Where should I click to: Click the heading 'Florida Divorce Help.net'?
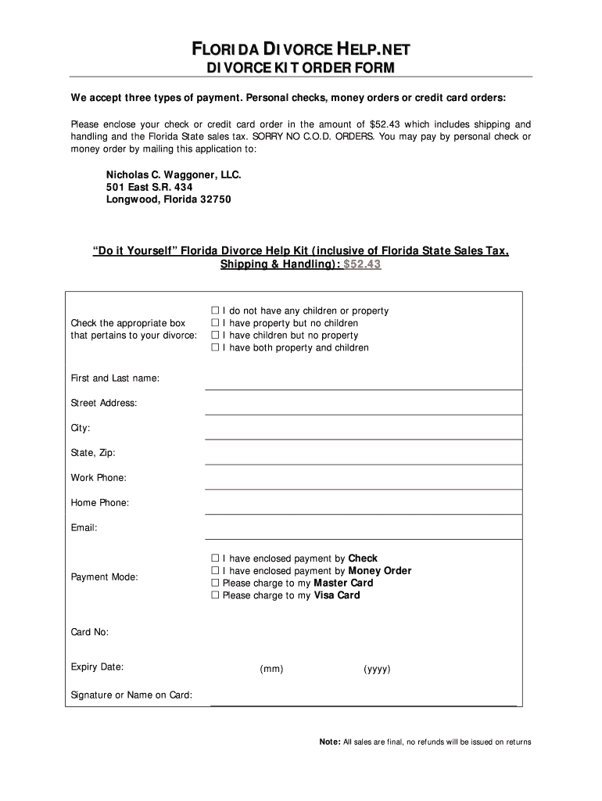[x=301, y=51]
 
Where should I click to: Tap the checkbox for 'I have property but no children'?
[x=215, y=323]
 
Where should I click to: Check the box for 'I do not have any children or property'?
[x=215, y=311]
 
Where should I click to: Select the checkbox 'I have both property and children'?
[x=215, y=348]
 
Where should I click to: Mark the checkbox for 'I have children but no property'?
[x=215, y=336]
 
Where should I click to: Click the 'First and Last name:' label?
[x=115, y=379]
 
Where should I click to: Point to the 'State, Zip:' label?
[x=93, y=453]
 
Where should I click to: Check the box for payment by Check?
[x=215, y=559]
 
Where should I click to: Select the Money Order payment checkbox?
[x=215, y=571]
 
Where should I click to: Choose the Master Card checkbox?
[x=215, y=584]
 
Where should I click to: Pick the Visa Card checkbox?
[x=215, y=596]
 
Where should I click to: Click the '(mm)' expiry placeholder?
[x=271, y=670]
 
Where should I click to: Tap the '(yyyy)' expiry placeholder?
[x=377, y=670]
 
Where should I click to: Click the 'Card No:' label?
[x=90, y=632]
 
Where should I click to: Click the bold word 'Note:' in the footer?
[x=329, y=742]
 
